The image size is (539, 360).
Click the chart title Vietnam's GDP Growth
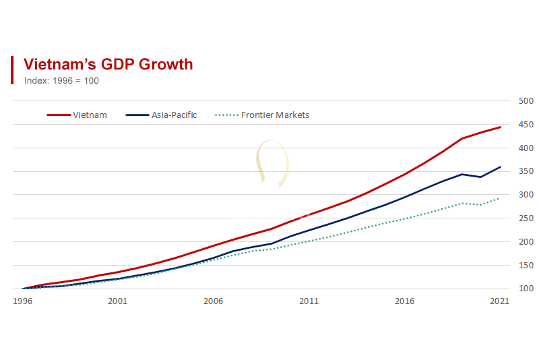tap(108, 64)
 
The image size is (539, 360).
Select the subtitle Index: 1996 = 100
tap(61, 80)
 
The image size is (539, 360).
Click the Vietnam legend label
tap(90, 115)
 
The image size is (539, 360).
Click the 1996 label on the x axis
tap(22, 301)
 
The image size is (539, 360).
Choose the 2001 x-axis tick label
tap(117, 301)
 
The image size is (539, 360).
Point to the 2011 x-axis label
tap(309, 301)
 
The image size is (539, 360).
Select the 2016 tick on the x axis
tap(404, 301)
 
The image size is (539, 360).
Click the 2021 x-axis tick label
tap(499, 301)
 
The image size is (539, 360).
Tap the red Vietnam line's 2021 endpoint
tap(500, 127)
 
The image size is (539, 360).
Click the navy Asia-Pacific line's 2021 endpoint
tap(500, 167)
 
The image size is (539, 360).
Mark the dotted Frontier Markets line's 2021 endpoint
tap(500, 198)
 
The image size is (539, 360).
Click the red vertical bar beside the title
tap(12, 70)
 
